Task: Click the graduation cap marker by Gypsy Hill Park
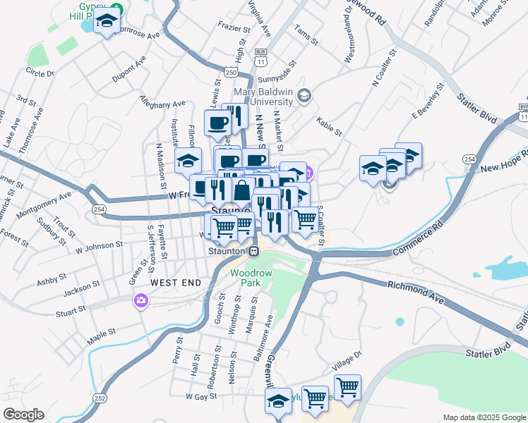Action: [x=107, y=22]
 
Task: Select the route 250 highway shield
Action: [x=232, y=72]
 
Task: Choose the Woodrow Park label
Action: [x=246, y=277]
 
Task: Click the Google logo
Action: [x=23, y=414]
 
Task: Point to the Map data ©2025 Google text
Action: [x=484, y=417]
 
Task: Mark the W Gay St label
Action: [x=200, y=397]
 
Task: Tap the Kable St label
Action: [x=328, y=127]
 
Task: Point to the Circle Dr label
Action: [x=40, y=72]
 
